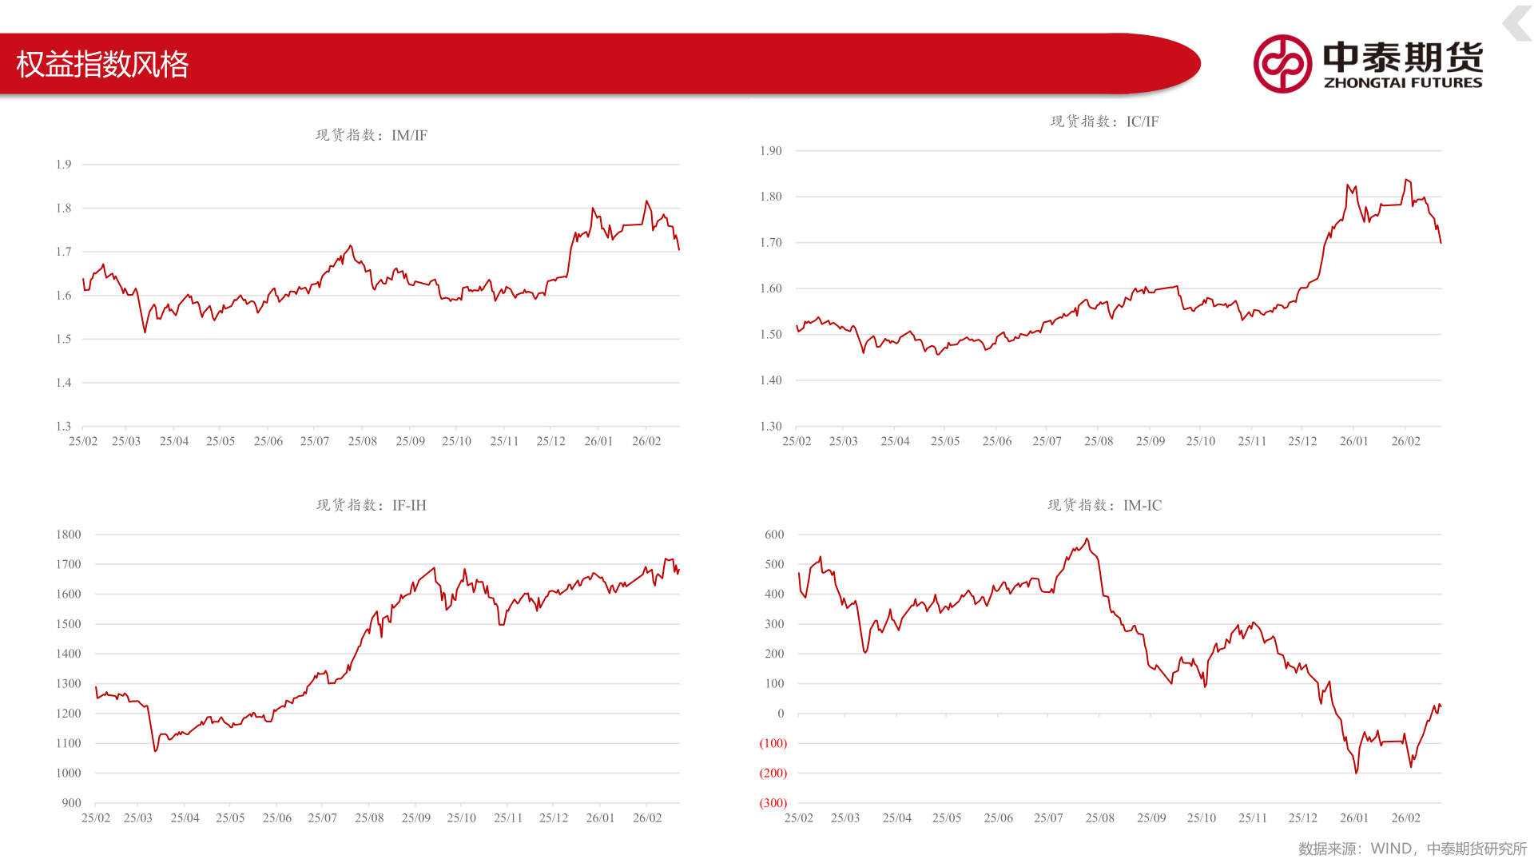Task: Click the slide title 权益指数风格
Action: click(x=102, y=64)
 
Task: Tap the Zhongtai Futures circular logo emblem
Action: click(x=1282, y=64)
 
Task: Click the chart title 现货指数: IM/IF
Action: click(x=372, y=135)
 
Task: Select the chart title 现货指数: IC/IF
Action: click(x=1104, y=121)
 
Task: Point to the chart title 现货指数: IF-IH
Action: click(x=372, y=505)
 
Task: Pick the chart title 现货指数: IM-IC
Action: click(x=1104, y=505)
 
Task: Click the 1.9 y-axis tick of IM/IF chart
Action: click(x=64, y=165)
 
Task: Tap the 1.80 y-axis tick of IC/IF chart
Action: click(x=771, y=197)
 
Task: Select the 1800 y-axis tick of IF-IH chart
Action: click(x=69, y=535)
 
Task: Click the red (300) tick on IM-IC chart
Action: click(x=773, y=803)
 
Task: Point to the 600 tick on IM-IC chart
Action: click(x=774, y=535)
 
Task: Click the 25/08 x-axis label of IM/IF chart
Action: click(x=363, y=441)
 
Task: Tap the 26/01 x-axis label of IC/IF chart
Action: click(x=1354, y=441)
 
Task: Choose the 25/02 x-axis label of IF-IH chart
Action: click(x=96, y=818)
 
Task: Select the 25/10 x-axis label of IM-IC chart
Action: click(x=1202, y=818)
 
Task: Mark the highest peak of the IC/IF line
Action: click(x=1406, y=180)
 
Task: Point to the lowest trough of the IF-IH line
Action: click(x=155, y=751)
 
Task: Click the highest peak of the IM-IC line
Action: click(x=1087, y=539)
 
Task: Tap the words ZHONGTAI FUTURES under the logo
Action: click(x=1403, y=82)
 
